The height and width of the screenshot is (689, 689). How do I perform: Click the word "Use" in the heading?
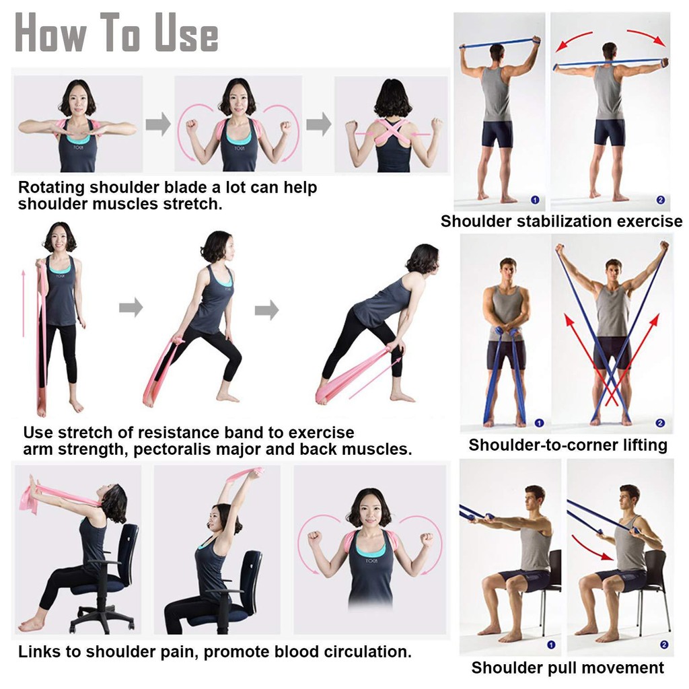187,34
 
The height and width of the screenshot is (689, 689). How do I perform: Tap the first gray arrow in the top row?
158,124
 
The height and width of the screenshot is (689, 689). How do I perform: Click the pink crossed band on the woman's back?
392,133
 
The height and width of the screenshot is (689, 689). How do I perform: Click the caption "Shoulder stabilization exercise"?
562,221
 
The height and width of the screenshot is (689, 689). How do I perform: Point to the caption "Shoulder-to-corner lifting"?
568,445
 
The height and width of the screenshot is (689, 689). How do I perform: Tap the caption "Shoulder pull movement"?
567,667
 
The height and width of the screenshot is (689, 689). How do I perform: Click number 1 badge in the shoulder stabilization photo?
535,200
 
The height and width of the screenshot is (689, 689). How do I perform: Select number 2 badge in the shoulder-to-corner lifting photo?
660,423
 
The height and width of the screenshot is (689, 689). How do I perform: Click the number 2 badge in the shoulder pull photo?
664,645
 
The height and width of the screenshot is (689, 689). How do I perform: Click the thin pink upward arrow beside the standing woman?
24,303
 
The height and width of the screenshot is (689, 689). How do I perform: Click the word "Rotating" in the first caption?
51,188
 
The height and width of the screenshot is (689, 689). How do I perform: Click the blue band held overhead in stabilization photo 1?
500,43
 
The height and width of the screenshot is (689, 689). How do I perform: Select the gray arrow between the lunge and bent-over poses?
266,310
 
